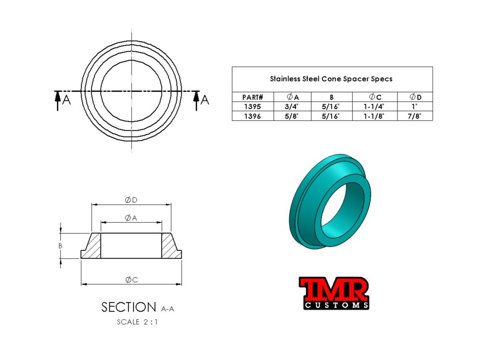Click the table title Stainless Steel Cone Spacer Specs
pos(331,79)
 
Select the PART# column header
pos(252,98)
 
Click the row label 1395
pos(252,107)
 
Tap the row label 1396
pos(252,116)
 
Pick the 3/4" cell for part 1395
pos(292,107)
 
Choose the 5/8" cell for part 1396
pos(292,116)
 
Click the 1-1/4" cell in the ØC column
pos(374,107)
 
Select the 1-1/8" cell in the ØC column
pos(374,116)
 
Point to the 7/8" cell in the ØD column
pos(414,116)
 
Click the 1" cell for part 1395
pos(414,107)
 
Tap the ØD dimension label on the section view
pos(131,200)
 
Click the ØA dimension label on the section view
pos(131,217)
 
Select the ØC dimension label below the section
pos(132,280)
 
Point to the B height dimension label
pos(60,246)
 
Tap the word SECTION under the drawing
pos(129,307)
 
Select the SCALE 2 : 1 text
pos(138,322)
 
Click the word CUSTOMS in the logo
pos(336,305)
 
